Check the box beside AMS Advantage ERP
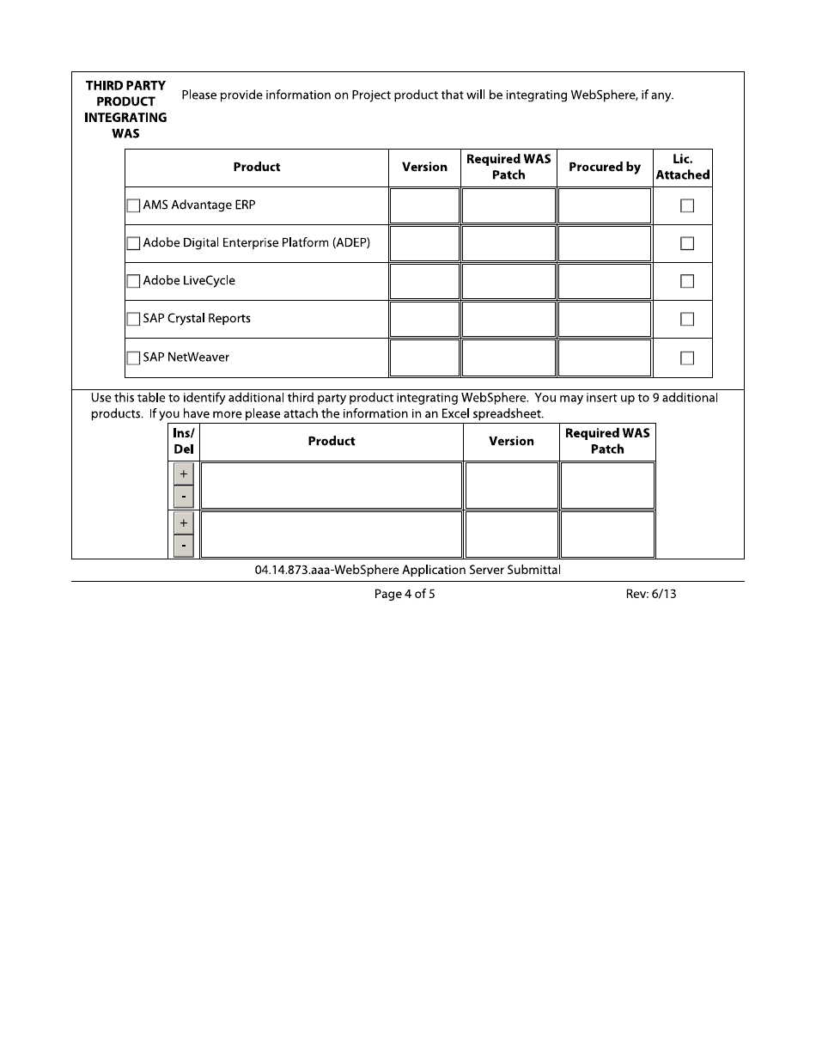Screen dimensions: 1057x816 (133, 206)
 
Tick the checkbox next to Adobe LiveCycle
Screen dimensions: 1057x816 (133, 281)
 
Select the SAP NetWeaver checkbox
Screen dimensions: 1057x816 (133, 358)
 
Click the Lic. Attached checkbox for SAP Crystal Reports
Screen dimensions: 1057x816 (687, 320)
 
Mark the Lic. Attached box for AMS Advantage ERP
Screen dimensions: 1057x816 (687, 206)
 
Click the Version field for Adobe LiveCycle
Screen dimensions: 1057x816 (424, 281)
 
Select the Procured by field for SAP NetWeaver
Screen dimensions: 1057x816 (605, 357)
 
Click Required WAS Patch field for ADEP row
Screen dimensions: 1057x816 (508, 243)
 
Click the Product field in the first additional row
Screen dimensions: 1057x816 (332, 486)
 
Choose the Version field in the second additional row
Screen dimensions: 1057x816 (511, 535)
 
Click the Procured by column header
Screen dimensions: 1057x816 (605, 168)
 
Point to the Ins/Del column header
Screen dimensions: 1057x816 (184, 441)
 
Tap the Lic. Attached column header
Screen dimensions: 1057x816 (683, 168)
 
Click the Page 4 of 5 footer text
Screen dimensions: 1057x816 (405, 594)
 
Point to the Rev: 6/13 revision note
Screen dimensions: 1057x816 (650, 594)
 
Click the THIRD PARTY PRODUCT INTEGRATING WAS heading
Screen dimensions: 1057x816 (125, 110)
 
